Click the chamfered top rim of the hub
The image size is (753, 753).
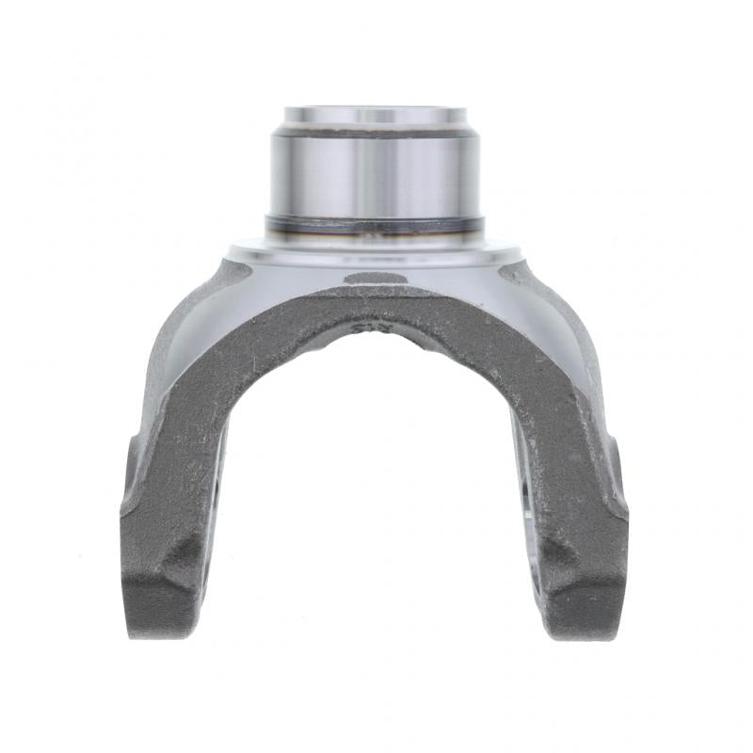click(375, 116)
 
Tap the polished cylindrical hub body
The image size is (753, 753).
click(375, 174)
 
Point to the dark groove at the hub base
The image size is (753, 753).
click(375, 224)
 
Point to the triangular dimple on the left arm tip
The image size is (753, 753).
click(184, 565)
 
